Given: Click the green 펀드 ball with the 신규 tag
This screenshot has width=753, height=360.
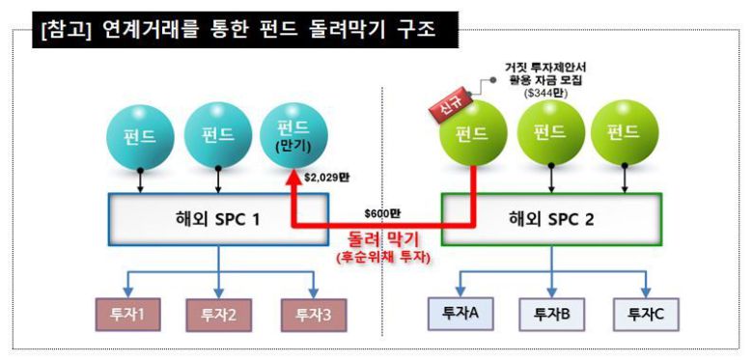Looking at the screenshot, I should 472,132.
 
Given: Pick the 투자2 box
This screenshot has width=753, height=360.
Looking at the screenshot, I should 221,313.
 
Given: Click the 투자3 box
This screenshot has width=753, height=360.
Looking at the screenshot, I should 315,313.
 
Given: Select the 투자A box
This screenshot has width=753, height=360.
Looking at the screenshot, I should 460,313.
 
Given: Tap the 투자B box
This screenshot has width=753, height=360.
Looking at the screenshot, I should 552,313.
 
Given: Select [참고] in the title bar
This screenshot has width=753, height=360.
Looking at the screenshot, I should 65,30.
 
